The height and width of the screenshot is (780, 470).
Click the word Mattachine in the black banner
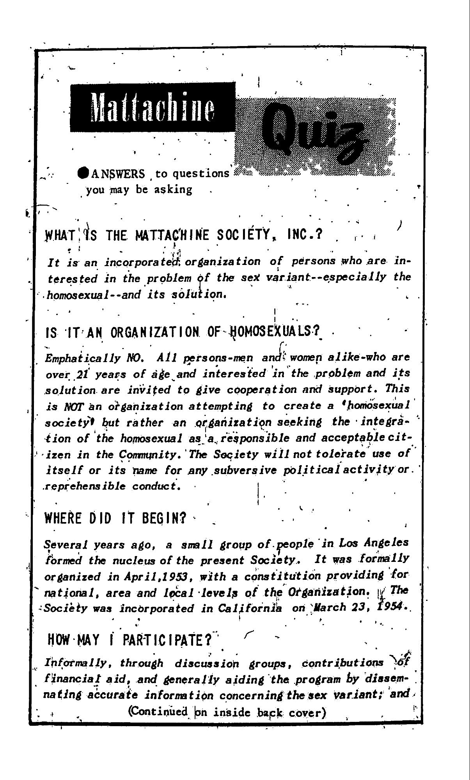153,107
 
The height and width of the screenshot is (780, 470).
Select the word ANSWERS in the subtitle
118,173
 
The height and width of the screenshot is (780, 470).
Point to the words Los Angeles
374,543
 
